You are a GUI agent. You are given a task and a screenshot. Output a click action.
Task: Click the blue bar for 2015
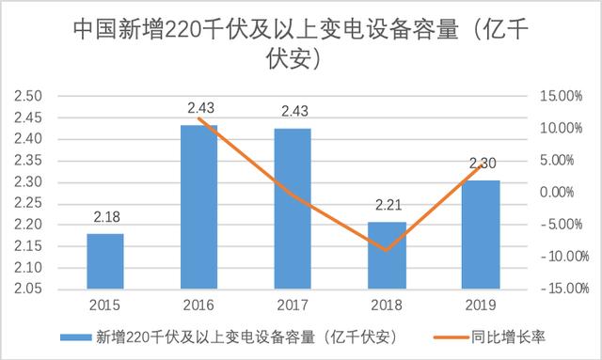pyautogui.click(x=104, y=260)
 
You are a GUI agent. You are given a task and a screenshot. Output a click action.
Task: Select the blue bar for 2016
pyautogui.click(x=198, y=206)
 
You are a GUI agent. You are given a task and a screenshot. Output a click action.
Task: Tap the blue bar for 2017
pyautogui.click(x=292, y=208)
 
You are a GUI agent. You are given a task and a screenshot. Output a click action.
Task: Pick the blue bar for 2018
pyautogui.click(x=386, y=255)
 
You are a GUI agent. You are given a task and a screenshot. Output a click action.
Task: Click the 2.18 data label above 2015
pyautogui.click(x=104, y=218)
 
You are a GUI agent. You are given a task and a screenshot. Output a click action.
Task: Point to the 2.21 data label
pyautogui.click(x=386, y=207)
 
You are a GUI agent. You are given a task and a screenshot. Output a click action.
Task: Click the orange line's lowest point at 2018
pyautogui.click(x=386, y=250)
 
